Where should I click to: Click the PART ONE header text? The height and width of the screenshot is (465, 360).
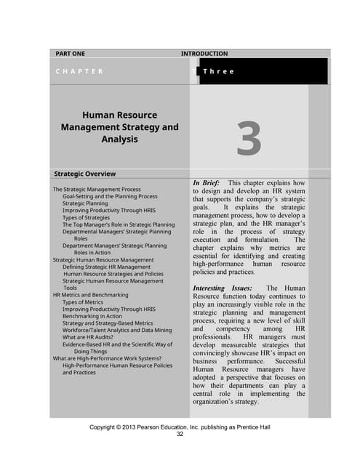coord(71,54)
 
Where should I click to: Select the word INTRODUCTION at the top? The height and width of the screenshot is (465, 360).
coord(204,54)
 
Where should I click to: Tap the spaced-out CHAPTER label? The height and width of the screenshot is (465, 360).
coord(79,71)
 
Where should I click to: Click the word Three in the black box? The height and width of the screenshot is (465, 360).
coord(218,71)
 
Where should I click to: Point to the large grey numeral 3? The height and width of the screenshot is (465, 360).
coord(249,139)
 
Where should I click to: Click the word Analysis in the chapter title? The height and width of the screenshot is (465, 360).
coord(119,139)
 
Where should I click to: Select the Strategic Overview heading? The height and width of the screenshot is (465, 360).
coord(85,174)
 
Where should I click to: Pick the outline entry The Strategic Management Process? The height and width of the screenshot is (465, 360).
coord(97,190)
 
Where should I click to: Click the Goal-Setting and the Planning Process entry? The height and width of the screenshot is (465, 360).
coord(110,197)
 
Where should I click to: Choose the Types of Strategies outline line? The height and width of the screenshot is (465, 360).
coord(90,218)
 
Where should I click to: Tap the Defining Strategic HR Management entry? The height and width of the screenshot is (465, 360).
coord(108,267)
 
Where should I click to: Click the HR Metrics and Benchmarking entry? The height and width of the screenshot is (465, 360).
coord(90,295)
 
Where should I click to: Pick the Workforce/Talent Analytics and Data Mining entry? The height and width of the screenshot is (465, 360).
coord(115,331)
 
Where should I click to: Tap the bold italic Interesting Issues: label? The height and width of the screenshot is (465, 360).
coord(223,288)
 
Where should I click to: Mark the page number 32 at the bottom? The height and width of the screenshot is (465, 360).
coord(180,434)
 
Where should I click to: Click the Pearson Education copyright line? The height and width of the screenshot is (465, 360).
coord(180,427)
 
